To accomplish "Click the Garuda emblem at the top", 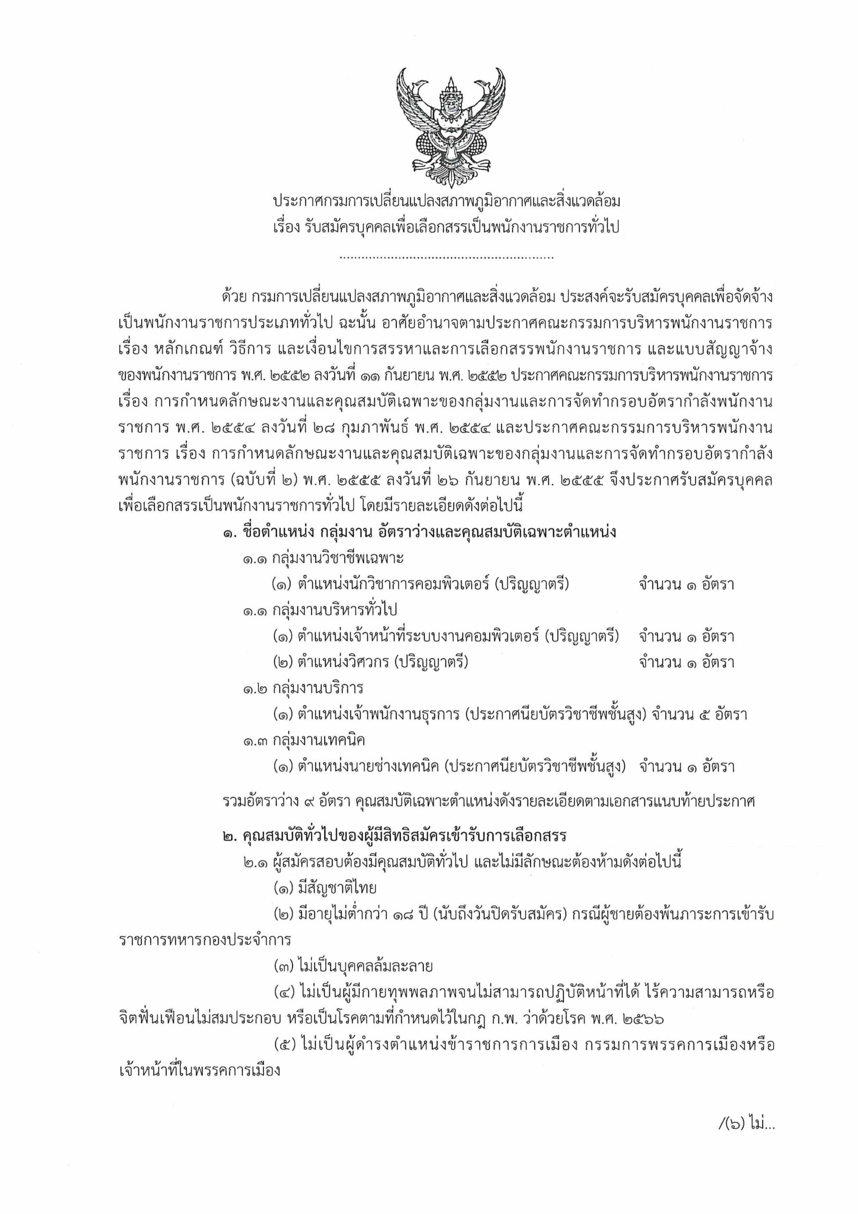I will coord(450,127).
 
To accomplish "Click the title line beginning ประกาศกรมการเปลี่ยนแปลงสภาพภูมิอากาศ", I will coord(447,202).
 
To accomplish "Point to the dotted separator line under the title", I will coord(447,258).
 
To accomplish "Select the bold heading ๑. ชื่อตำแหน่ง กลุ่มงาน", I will coord(419,533).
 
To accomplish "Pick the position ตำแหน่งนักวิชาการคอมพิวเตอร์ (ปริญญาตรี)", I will coord(421,585).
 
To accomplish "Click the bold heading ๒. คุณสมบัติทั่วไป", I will coord(394,836).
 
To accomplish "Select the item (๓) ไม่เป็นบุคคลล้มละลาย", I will coord(353,966).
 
